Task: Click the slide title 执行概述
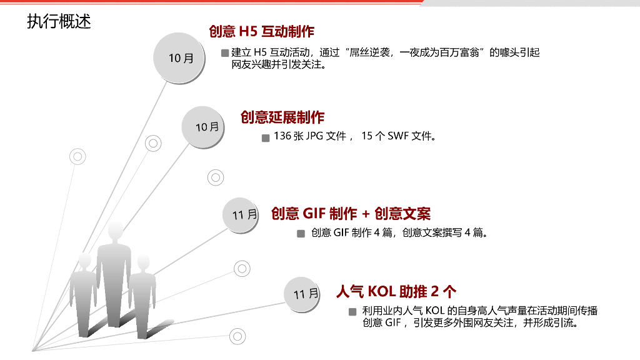(59, 21)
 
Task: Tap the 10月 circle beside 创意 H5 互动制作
(181, 58)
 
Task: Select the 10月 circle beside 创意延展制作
(207, 127)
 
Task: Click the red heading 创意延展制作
(282, 117)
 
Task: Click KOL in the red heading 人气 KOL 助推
(382, 291)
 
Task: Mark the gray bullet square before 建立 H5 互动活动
(225, 53)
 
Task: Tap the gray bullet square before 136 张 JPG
(266, 137)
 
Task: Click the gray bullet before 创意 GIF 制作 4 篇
(301, 234)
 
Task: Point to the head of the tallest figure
(115, 231)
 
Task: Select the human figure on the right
(142, 294)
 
